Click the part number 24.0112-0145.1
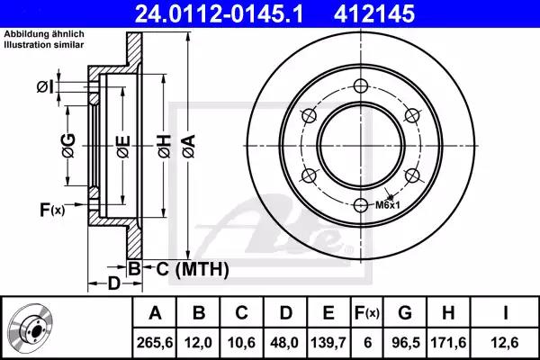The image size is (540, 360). click(x=219, y=14)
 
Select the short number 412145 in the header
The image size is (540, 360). click(x=374, y=14)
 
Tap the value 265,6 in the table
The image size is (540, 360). click(x=155, y=342)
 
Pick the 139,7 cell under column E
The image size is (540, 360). click(x=328, y=342)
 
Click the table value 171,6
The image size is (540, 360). click(x=448, y=342)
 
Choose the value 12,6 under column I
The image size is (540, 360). click(x=505, y=342)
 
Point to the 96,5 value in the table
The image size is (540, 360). click(x=405, y=342)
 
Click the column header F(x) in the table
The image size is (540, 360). click(x=367, y=313)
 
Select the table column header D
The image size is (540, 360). click(x=285, y=313)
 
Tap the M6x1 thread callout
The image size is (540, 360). click(x=387, y=205)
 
